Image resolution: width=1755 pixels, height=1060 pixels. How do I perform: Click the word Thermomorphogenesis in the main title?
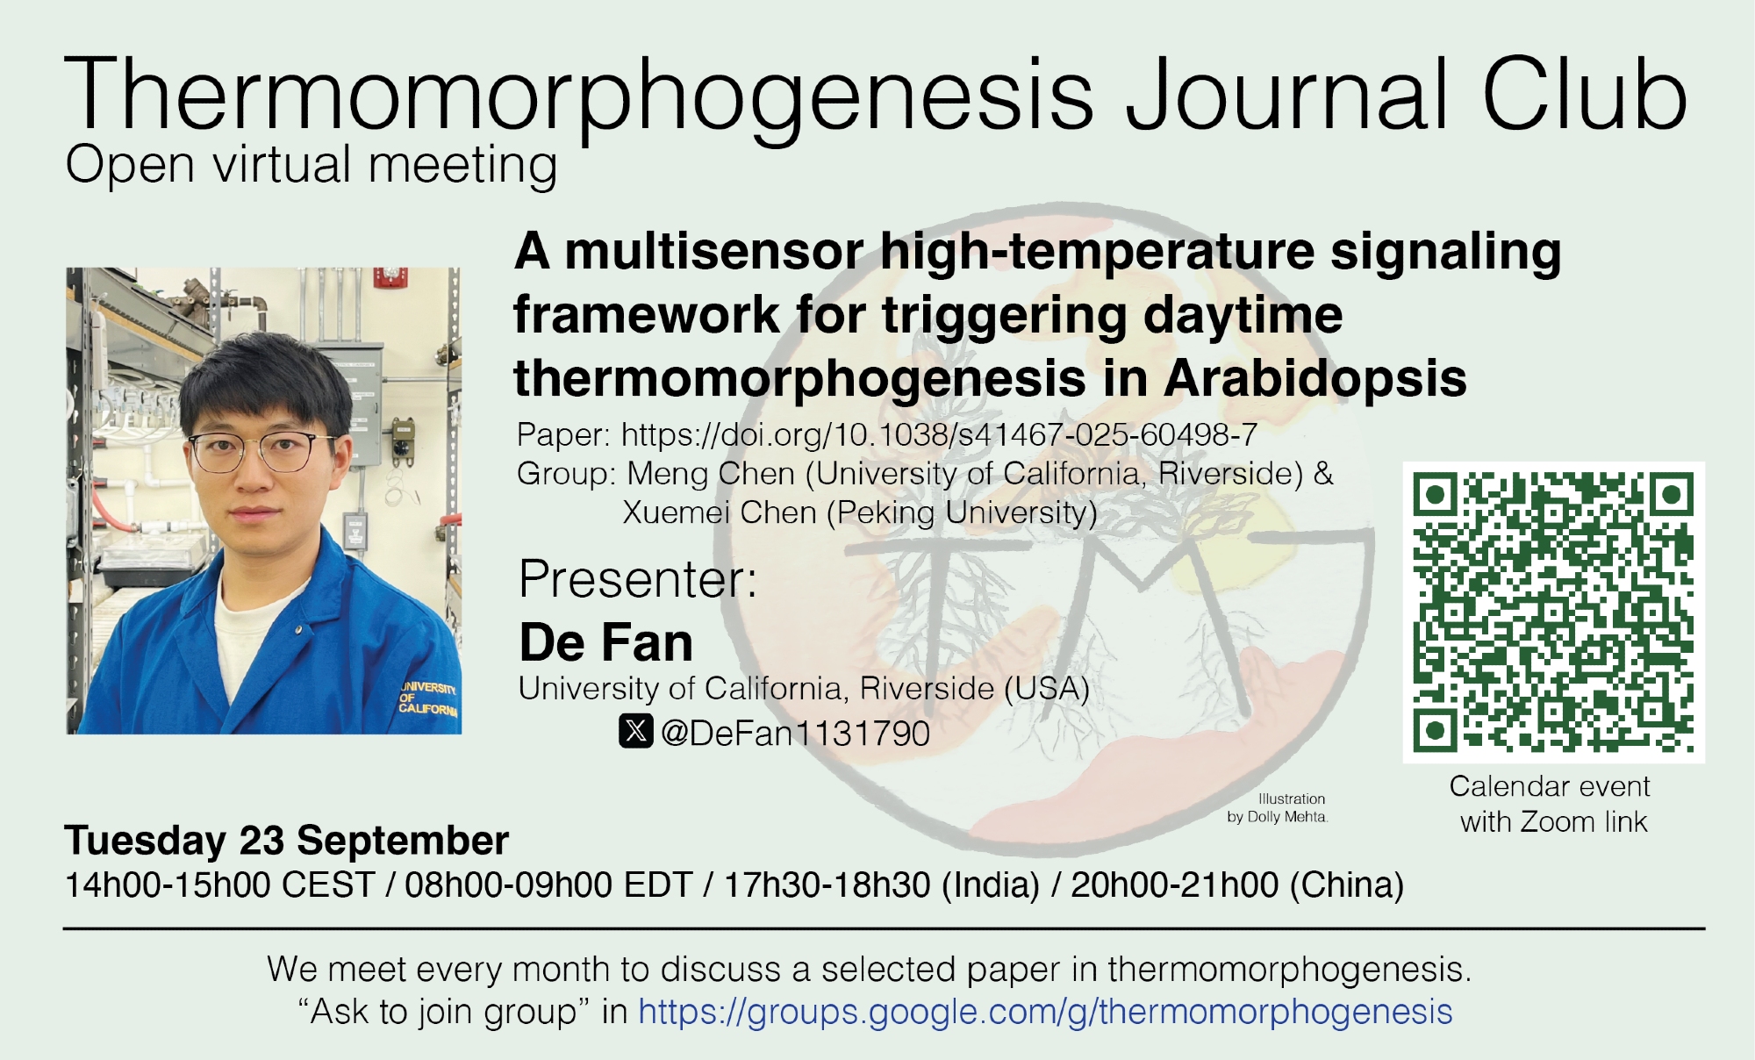click(580, 95)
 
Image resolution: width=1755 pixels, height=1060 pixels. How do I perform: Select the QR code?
click(1553, 612)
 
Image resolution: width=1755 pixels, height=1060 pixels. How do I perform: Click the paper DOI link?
click(939, 434)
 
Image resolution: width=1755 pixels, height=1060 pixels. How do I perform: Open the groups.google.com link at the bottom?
click(1045, 1012)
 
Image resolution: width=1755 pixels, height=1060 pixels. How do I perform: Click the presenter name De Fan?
click(606, 642)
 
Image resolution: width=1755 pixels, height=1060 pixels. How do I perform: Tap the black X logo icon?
click(636, 730)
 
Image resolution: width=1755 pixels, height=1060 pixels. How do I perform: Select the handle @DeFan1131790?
click(795, 733)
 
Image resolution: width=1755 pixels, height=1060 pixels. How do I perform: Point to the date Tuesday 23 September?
click(286, 841)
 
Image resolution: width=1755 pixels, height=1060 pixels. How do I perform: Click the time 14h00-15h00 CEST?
click(220, 885)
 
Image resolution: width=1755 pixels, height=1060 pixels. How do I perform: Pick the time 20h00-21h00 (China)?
click(1237, 885)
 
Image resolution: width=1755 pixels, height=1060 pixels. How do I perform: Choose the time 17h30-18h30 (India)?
click(881, 885)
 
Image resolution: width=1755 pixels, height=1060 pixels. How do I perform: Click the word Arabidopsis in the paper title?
click(1315, 379)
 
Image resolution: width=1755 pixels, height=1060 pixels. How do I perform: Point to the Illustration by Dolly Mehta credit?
click(1278, 807)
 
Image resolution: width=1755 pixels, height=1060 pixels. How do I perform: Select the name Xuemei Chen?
click(720, 512)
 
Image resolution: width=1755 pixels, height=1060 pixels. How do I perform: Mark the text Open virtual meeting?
click(312, 165)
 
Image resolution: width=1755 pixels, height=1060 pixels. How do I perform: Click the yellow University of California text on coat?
click(429, 698)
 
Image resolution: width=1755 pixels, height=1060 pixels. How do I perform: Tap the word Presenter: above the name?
click(638, 579)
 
